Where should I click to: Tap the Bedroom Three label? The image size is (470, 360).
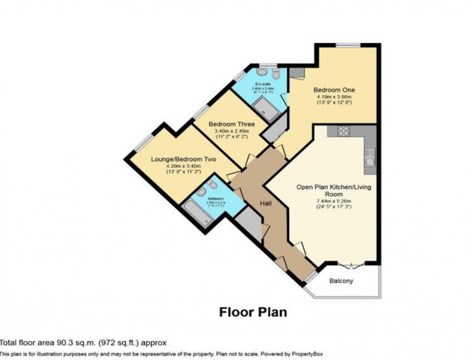point(231,124)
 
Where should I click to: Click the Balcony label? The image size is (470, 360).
point(341,280)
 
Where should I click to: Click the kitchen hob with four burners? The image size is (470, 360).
point(343,131)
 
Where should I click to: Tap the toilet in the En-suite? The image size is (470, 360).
point(275,74)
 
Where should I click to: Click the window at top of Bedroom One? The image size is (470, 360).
point(348,46)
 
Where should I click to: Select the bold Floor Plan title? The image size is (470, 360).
point(253,313)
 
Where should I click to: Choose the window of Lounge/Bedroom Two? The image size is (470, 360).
point(144,142)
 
